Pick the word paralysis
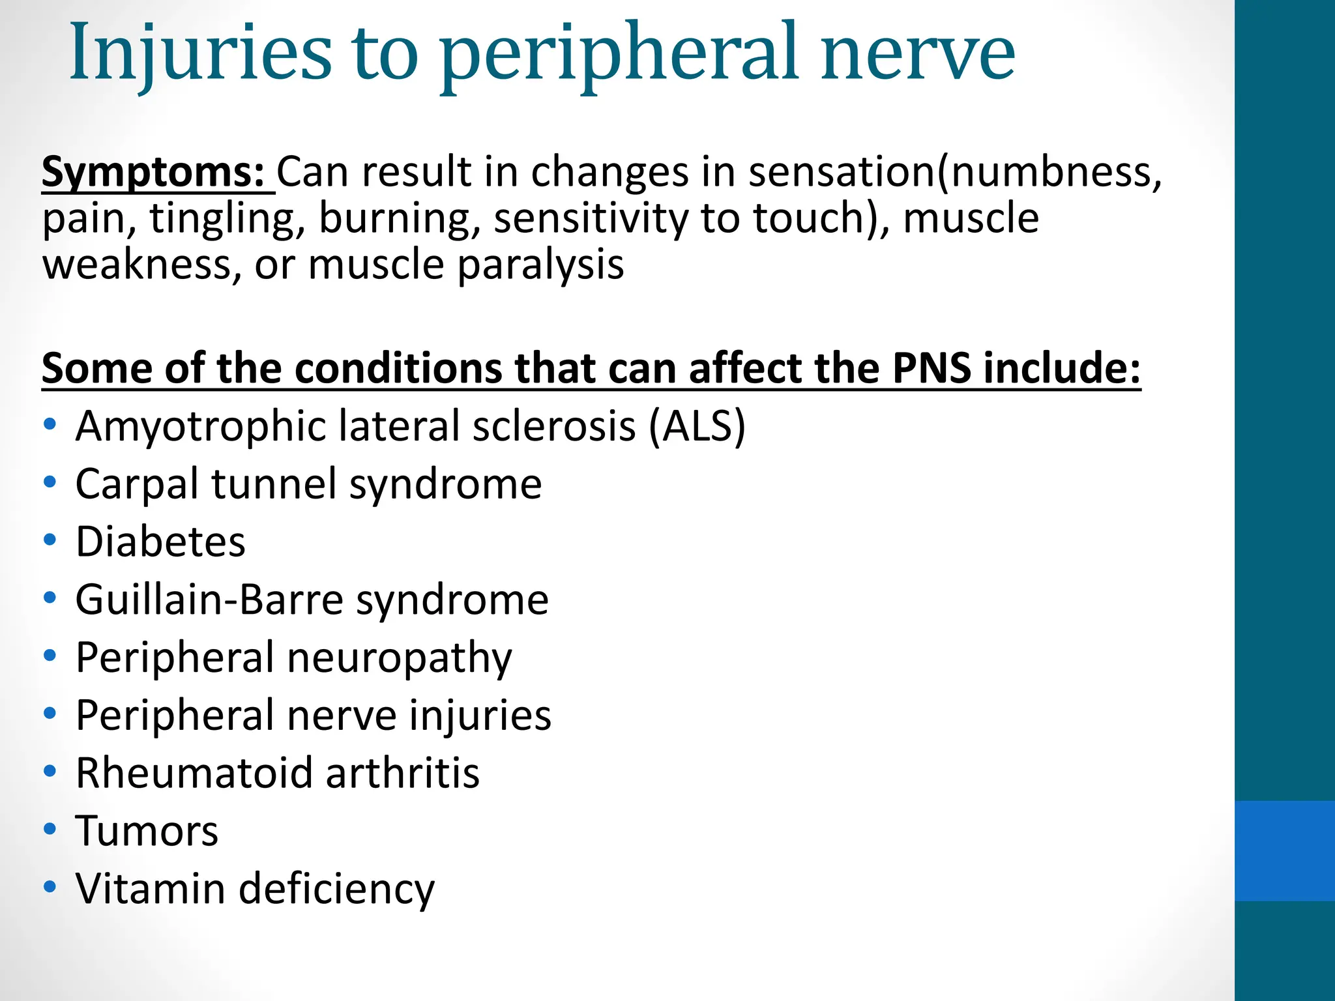[x=540, y=265]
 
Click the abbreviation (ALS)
[x=697, y=426]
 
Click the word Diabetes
[x=160, y=542]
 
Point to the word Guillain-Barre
[x=209, y=600]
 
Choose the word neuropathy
[x=399, y=658]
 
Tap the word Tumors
[x=147, y=831]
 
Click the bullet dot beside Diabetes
[x=50, y=540]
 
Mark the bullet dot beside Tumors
[x=50, y=829]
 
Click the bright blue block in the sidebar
[x=1284, y=850]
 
